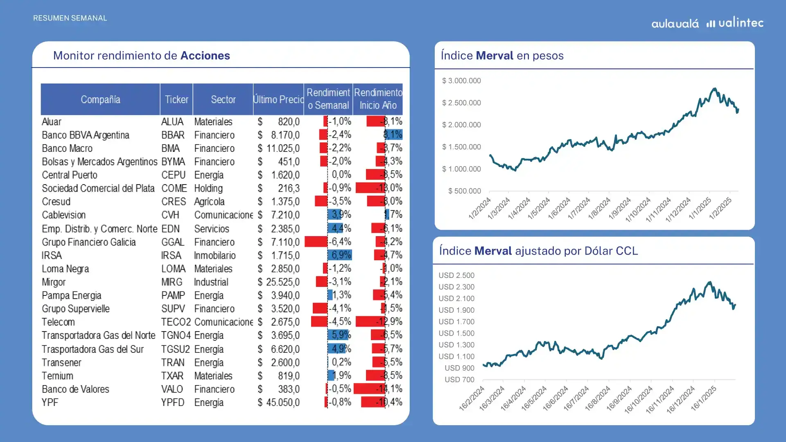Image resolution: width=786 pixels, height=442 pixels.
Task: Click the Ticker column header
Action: (x=176, y=99)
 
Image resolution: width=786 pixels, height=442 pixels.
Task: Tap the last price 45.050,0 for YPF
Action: (x=282, y=403)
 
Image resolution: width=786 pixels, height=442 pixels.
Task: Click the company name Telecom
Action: (x=58, y=322)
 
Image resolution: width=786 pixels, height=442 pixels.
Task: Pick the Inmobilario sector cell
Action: (x=215, y=256)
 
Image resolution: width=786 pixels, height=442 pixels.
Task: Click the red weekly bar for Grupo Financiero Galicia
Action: (x=316, y=242)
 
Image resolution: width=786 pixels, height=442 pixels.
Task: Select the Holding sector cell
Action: (x=208, y=189)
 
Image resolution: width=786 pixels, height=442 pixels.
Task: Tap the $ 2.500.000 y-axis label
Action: (x=461, y=103)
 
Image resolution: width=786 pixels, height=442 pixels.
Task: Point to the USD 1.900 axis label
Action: (x=456, y=310)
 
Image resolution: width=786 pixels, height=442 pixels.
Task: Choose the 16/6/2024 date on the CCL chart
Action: (x=554, y=398)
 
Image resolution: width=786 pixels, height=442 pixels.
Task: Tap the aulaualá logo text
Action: (x=675, y=24)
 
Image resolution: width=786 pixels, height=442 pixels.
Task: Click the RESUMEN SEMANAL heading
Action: (x=70, y=18)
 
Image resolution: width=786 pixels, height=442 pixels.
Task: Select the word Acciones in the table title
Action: (x=205, y=56)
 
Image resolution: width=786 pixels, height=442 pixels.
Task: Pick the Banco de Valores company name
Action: (x=75, y=389)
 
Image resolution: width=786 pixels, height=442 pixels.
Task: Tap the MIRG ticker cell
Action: (x=172, y=282)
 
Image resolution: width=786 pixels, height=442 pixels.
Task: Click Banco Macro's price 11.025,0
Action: (x=282, y=148)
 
